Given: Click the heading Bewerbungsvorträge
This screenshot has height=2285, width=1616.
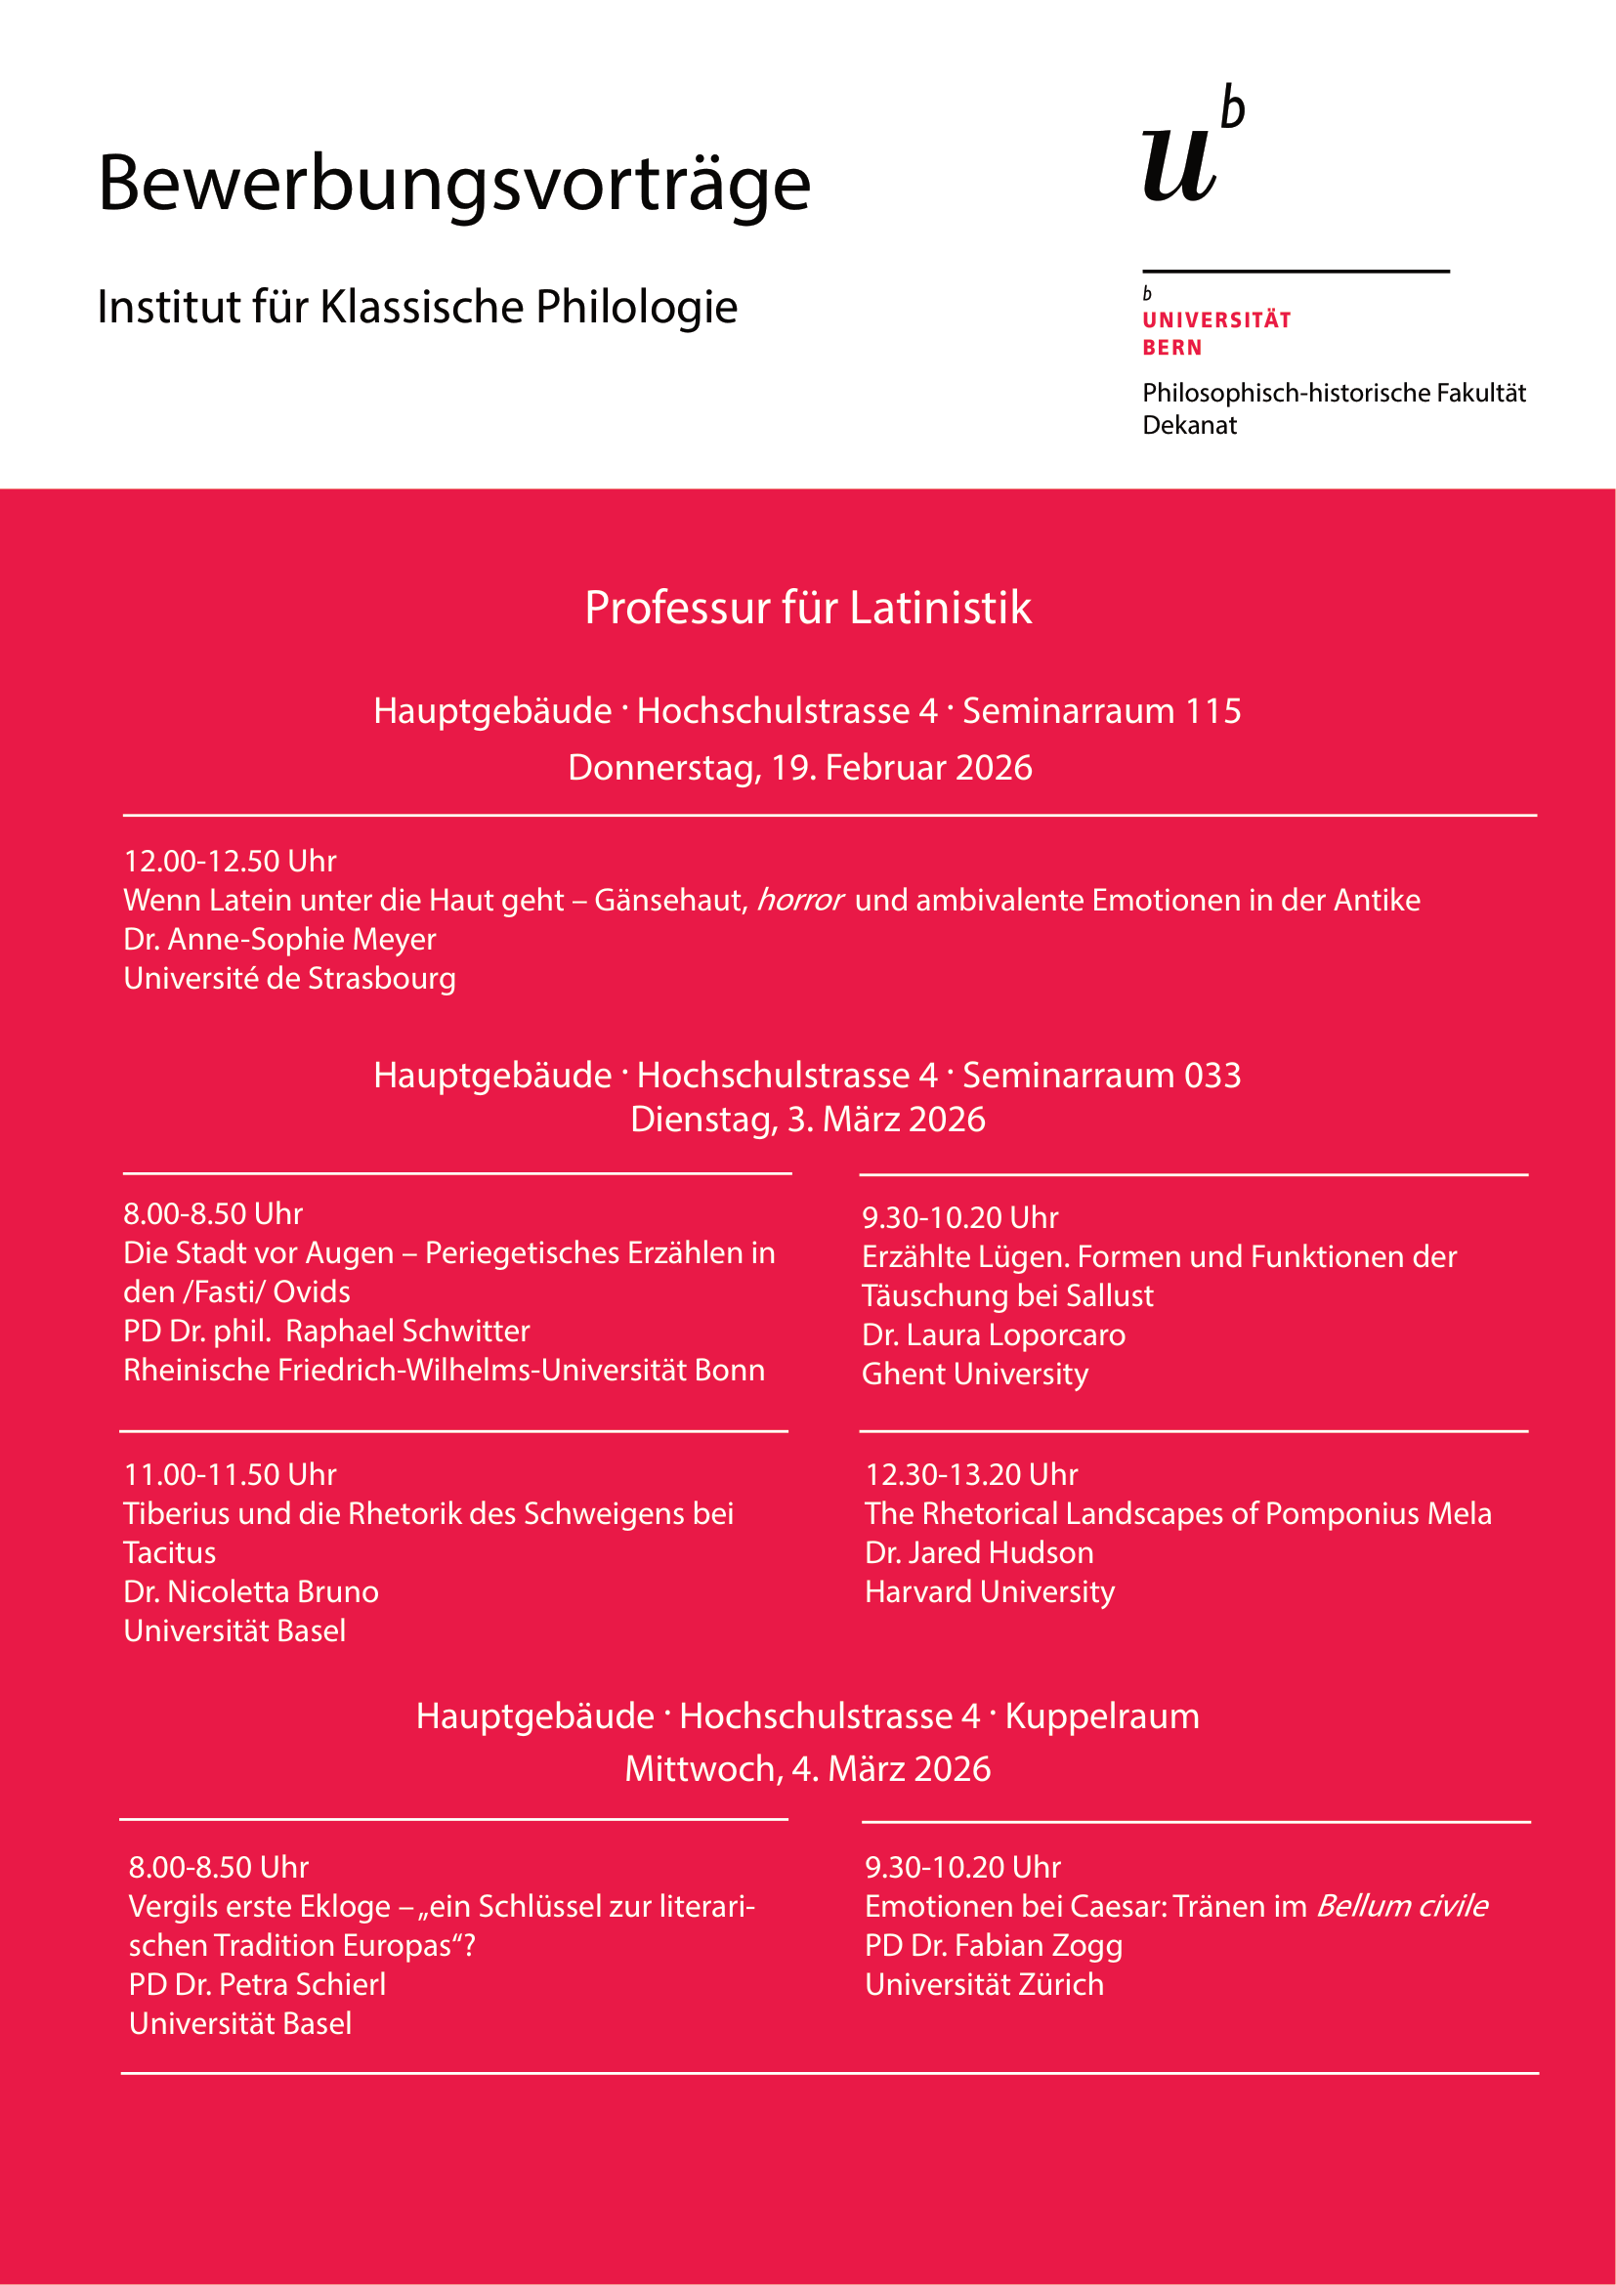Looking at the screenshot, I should click(453, 185).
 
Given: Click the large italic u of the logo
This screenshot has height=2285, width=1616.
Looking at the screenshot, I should click(1178, 165).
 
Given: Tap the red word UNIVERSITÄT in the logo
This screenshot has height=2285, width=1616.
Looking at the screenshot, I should click(1216, 320).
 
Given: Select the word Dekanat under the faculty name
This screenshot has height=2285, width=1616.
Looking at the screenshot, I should click(1189, 426).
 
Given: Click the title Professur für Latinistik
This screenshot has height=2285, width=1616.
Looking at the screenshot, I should click(807, 608).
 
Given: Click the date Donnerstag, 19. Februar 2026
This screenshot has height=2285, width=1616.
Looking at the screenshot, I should click(800, 768).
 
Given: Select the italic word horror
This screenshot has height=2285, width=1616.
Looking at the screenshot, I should click(800, 901).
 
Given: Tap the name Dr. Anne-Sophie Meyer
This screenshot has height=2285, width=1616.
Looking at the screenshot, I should click(279, 940).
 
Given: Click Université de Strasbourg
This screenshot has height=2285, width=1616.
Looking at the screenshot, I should click(289, 978).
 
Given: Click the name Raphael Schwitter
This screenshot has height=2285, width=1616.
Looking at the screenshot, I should click(408, 1332).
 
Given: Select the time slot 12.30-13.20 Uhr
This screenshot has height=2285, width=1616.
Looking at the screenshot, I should click(971, 1475).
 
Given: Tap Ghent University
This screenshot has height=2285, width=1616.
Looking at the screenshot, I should click(974, 1375).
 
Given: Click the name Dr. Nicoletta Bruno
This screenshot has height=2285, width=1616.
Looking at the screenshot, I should click(251, 1592).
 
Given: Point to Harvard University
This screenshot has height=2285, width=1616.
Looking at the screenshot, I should click(989, 1592).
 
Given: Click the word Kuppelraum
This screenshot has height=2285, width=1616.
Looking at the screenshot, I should click(1101, 1716).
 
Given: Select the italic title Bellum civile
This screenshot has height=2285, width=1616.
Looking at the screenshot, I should click(1402, 1907).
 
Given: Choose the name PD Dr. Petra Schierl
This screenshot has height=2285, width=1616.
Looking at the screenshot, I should click(257, 1985).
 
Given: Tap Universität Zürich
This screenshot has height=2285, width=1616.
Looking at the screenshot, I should click(984, 1985).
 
